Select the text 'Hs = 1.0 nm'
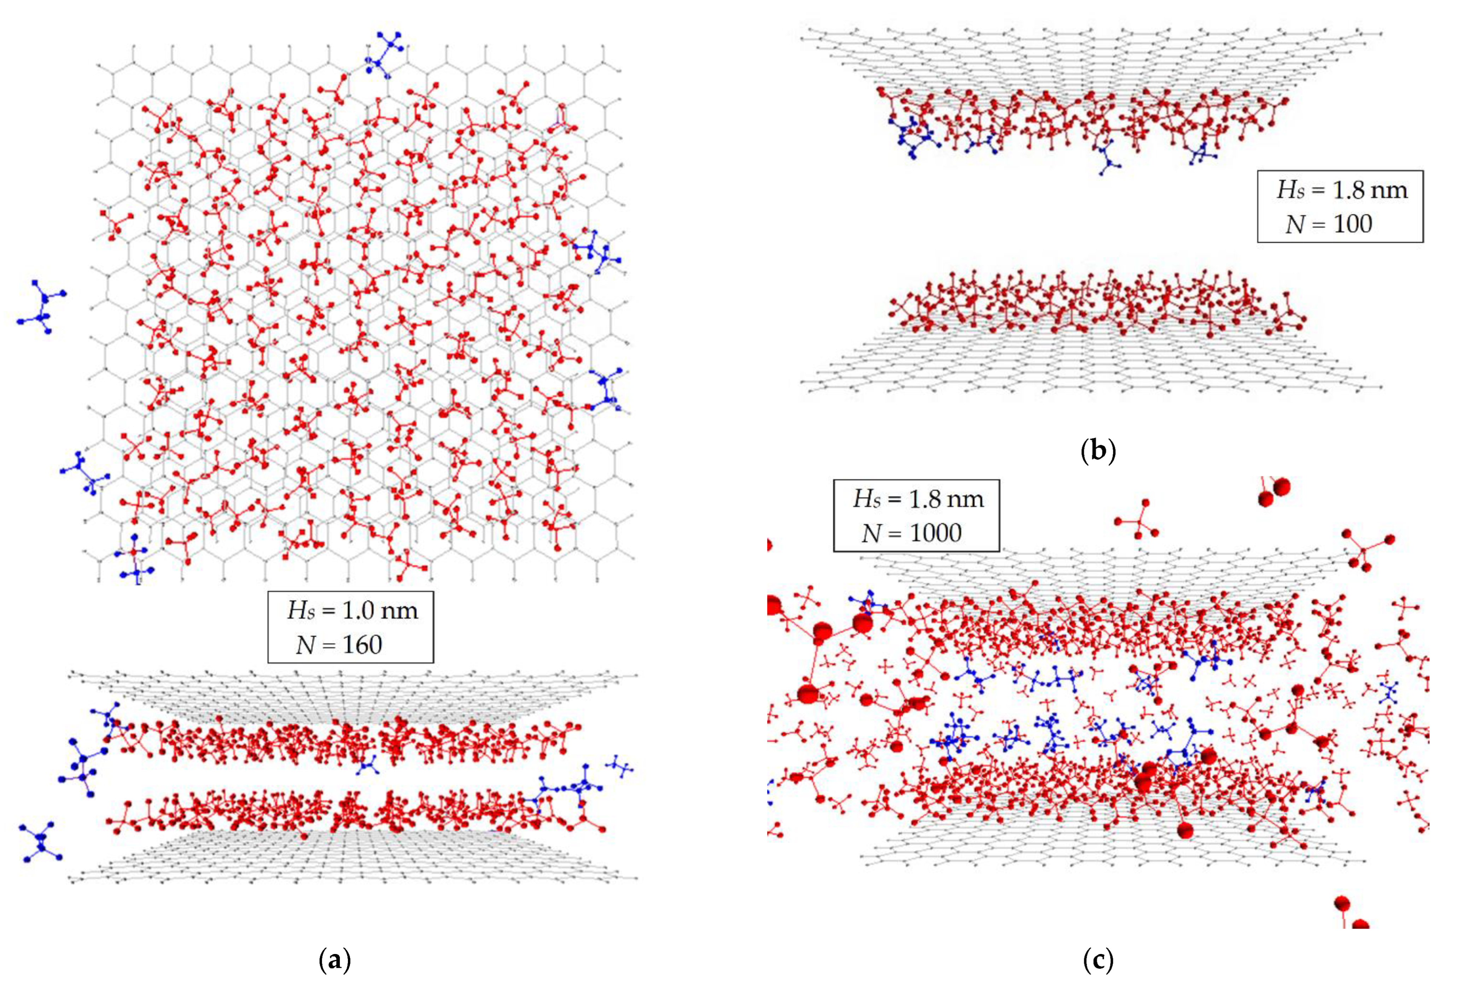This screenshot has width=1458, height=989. tap(352, 610)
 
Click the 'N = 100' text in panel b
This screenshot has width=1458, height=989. tap(1328, 224)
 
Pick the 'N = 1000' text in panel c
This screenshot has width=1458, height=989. tap(911, 533)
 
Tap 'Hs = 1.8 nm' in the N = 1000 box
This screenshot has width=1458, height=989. tap(918, 499)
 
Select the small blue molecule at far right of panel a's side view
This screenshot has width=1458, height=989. tap(620, 766)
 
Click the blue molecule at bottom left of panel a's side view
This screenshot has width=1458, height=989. tap(41, 843)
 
